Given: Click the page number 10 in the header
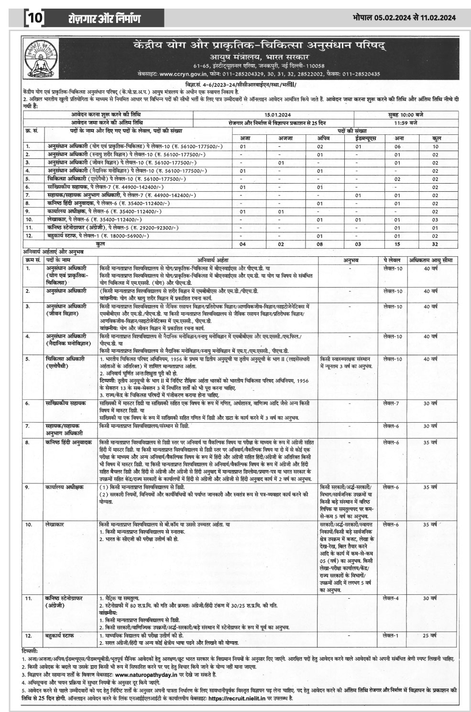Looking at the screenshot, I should point(34,19).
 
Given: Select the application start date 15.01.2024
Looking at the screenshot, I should point(274,115).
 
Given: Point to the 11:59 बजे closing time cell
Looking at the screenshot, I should point(406,122).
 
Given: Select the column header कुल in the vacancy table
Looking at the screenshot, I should point(436,138).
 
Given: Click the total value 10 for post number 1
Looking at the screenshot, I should point(436,146).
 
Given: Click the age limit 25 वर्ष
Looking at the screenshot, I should point(429,635).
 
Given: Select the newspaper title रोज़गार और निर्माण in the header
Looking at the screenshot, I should point(104,19).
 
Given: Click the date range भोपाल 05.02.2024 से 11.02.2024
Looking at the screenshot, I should point(404,18).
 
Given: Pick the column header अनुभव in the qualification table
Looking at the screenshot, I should point(351,260).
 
